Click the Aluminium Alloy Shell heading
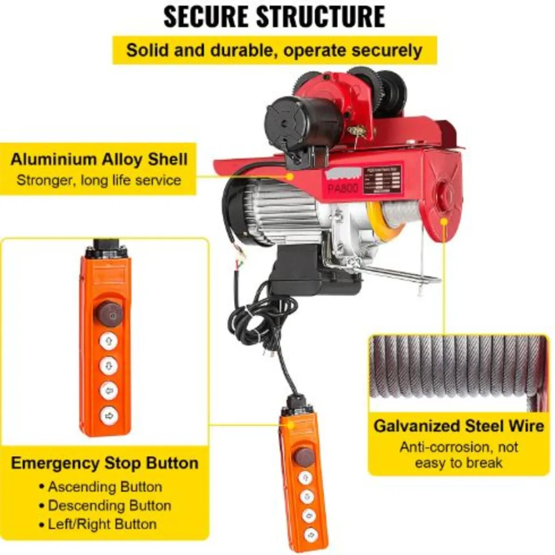pyautogui.click(x=99, y=160)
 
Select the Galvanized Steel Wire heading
pyautogui.click(x=458, y=425)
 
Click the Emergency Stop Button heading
pyautogui.click(x=105, y=463)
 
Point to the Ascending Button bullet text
pyautogui.click(x=105, y=487)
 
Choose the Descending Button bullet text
pyautogui.click(x=110, y=506)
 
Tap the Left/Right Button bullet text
pyautogui.click(x=102, y=524)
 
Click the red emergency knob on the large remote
pyautogui.click(x=109, y=313)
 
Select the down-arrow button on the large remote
pyautogui.click(x=109, y=366)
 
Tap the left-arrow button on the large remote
pyautogui.click(x=109, y=391)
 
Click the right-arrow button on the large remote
pyautogui.click(x=109, y=415)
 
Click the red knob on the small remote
pyautogui.click(x=304, y=456)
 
